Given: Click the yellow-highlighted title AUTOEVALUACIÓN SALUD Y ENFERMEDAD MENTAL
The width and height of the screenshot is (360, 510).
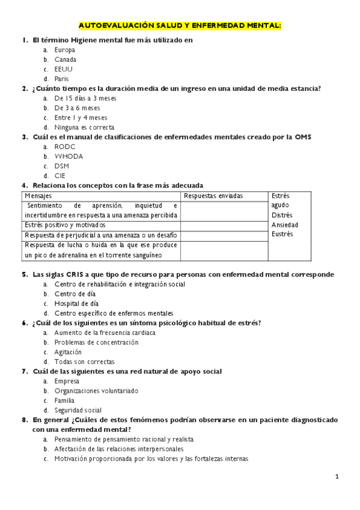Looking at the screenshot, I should [x=180, y=26].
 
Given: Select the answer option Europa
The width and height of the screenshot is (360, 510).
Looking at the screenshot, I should [x=64, y=50].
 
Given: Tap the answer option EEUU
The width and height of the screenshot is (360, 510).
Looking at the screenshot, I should [x=63, y=69].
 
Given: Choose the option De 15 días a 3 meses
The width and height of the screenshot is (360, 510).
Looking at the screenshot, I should [x=85, y=98].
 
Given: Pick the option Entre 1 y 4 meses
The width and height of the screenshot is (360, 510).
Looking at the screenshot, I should [x=81, y=117].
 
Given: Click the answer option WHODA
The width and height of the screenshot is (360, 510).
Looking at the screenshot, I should [x=69, y=156].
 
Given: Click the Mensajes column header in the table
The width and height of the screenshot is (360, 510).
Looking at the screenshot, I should [x=38, y=196].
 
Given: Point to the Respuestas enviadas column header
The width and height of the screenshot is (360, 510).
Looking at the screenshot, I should [x=213, y=196].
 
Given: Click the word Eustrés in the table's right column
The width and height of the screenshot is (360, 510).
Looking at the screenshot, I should [x=282, y=234].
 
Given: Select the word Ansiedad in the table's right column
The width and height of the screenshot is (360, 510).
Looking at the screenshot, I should [x=285, y=224].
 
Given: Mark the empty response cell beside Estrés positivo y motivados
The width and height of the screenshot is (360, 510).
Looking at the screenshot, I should [x=224, y=224].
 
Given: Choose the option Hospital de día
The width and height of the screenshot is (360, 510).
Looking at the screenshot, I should [x=76, y=303].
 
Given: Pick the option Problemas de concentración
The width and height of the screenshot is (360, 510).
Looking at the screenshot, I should [x=96, y=342].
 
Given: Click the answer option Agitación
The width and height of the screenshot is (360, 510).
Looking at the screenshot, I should [x=67, y=352].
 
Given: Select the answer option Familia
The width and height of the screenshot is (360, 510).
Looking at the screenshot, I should [x=64, y=400].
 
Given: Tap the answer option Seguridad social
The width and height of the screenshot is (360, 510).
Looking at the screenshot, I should [x=78, y=410].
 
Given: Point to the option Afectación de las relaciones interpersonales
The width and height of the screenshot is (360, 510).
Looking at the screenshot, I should [x=118, y=449].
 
